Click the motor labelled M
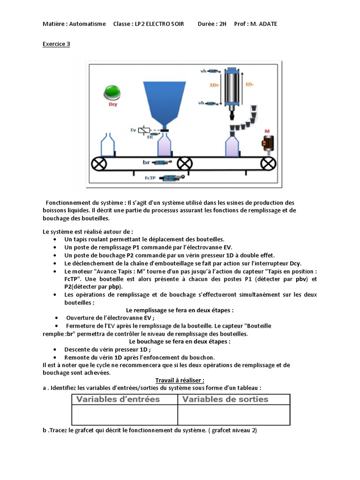point(268,143)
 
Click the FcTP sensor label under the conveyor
point(150,178)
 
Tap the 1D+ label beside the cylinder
point(214,85)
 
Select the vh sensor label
point(203,71)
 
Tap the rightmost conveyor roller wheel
point(268,164)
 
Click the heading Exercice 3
point(56,44)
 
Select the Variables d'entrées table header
point(118,399)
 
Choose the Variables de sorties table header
point(225,399)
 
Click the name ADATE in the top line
point(267,24)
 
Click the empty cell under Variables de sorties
point(233,415)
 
